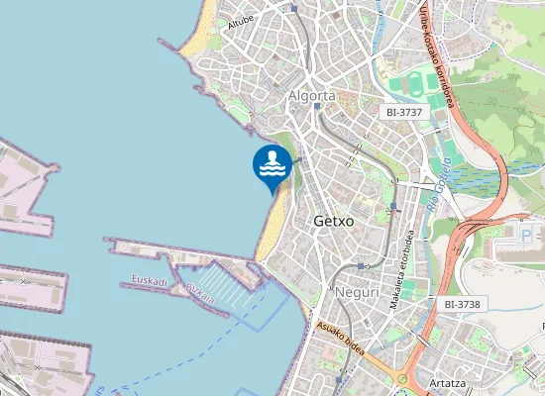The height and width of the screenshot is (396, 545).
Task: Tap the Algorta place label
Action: point(312,96)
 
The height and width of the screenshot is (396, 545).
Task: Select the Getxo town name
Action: point(333,222)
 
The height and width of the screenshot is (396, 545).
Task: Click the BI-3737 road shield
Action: point(404,113)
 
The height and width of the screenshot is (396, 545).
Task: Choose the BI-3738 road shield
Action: point(463,304)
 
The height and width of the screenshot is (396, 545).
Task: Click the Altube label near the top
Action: point(241,22)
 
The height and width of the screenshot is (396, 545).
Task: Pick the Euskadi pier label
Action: point(150,282)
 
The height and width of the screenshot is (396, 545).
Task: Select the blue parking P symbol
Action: point(525,234)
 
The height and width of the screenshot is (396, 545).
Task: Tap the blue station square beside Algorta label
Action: point(315,107)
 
